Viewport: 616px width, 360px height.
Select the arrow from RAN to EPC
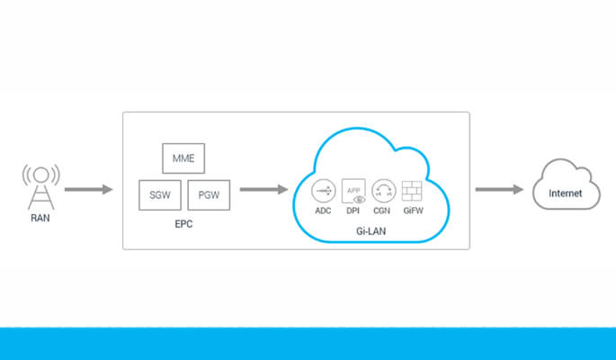point(89,190)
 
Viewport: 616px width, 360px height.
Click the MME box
point(184,159)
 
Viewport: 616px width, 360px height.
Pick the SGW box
point(160,194)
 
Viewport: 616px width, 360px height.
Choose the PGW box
point(209,194)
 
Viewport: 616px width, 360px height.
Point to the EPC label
point(183,223)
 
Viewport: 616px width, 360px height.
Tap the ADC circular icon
point(324,190)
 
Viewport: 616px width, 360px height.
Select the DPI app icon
point(353,190)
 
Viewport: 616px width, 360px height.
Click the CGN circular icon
point(383,190)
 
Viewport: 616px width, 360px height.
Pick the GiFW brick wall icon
point(413,190)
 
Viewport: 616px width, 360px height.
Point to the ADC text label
point(324,211)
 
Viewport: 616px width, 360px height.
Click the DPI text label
point(353,211)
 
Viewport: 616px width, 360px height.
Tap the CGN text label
point(383,211)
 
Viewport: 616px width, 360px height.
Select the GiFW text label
point(413,211)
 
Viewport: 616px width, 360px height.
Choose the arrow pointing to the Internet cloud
point(499,190)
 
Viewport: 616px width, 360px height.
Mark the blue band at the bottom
point(308,344)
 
